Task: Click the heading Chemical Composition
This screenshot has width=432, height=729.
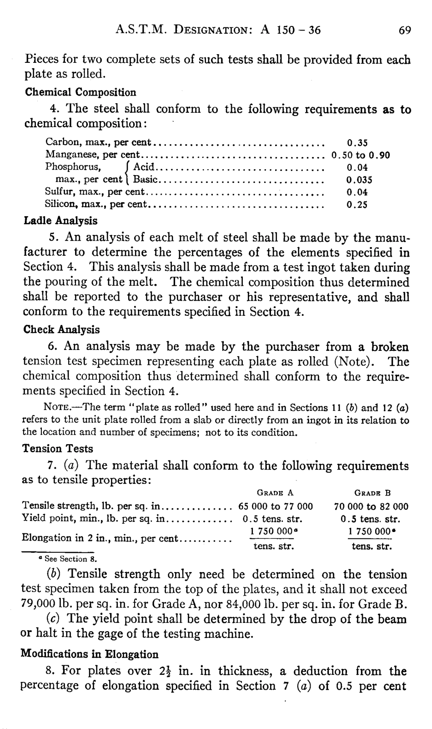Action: click(x=80, y=92)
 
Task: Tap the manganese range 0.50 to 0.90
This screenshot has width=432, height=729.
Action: click(x=361, y=155)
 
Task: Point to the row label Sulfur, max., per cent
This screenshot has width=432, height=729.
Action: click(x=95, y=192)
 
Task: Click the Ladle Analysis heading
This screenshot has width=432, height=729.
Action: click(x=60, y=221)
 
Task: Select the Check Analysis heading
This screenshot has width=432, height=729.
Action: click(x=61, y=329)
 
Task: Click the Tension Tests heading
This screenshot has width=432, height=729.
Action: click(x=58, y=449)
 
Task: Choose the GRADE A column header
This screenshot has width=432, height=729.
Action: click(x=276, y=493)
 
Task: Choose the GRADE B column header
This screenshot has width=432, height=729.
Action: click(x=372, y=493)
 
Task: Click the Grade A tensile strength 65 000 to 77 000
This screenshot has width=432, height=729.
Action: click(x=276, y=506)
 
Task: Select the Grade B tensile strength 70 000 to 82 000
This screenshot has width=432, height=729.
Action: click(x=371, y=506)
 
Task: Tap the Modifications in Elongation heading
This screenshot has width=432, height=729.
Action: click(x=90, y=654)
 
